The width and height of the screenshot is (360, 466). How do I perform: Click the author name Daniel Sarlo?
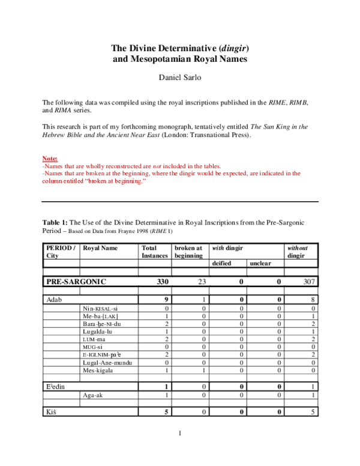180,77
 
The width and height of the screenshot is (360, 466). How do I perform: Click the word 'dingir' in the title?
235,47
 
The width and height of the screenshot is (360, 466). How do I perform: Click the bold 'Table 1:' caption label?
56,222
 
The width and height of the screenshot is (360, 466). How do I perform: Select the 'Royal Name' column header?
100,248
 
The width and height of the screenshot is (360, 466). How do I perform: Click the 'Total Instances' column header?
154,252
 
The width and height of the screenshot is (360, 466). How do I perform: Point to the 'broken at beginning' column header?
188,252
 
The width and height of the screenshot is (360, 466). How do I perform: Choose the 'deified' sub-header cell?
222,263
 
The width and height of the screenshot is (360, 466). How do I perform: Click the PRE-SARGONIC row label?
76,282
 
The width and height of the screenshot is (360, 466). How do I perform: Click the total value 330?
163,282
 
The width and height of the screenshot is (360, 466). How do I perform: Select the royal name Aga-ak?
94,395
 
